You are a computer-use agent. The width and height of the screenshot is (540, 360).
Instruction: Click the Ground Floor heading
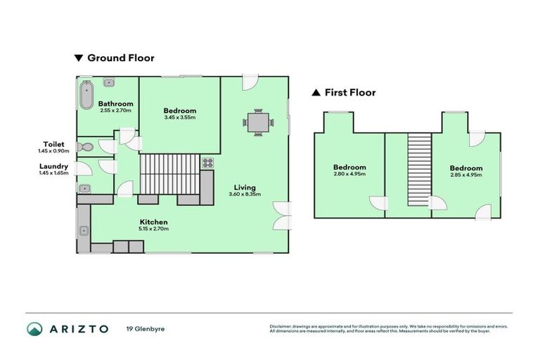[120, 58]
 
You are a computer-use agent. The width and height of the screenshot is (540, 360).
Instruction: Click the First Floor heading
[349, 92]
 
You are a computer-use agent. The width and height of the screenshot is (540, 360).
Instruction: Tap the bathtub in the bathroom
[86, 95]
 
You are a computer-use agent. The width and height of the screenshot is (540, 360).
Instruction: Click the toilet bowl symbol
[86, 147]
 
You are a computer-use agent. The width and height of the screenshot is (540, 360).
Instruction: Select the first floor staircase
[419, 171]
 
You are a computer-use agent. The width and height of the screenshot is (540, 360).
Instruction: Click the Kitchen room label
[153, 222]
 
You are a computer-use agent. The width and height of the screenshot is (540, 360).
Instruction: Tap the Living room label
[245, 188]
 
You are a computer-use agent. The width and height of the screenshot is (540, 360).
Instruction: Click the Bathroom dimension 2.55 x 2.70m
[116, 110]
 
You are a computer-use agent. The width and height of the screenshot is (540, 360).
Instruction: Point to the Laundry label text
[53, 167]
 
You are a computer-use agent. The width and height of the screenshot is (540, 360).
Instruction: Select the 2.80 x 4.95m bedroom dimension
[349, 174]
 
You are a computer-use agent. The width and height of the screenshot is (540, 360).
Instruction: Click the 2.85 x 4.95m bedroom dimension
[466, 174]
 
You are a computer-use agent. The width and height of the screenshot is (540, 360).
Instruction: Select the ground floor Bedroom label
[179, 110]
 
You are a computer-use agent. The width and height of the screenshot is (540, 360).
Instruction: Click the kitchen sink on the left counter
[84, 230]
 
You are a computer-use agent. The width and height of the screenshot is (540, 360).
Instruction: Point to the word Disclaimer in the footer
[281, 326]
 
